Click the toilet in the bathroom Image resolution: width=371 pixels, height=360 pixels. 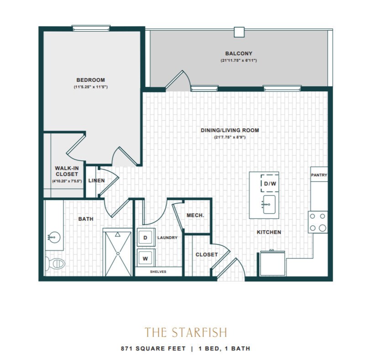point(55,263)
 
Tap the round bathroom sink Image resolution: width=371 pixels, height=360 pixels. point(54,237)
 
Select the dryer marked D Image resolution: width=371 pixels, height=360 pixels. point(146,237)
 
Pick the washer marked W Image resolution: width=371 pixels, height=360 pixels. point(146,258)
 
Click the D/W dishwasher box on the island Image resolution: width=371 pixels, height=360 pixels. point(270,183)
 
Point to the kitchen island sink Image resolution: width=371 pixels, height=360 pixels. point(269,204)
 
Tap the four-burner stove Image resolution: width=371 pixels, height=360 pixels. point(318,222)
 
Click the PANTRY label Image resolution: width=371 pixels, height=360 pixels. point(319,175)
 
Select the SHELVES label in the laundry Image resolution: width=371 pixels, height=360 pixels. point(158,272)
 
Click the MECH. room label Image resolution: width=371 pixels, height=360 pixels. point(195,215)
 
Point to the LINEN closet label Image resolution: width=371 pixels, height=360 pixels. point(97,180)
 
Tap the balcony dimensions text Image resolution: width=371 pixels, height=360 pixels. point(239,60)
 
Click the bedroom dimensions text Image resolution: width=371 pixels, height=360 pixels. point(91,87)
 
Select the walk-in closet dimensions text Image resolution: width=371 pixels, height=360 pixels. point(67,181)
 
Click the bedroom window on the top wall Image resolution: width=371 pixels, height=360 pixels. point(91,28)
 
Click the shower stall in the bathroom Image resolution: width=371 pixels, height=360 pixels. point(118,254)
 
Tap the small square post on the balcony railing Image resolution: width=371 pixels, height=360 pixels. point(239,32)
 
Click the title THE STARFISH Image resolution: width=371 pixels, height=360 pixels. point(186,332)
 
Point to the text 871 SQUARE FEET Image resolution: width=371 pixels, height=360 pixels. point(153,349)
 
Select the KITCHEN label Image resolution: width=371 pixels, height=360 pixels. point(269,232)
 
